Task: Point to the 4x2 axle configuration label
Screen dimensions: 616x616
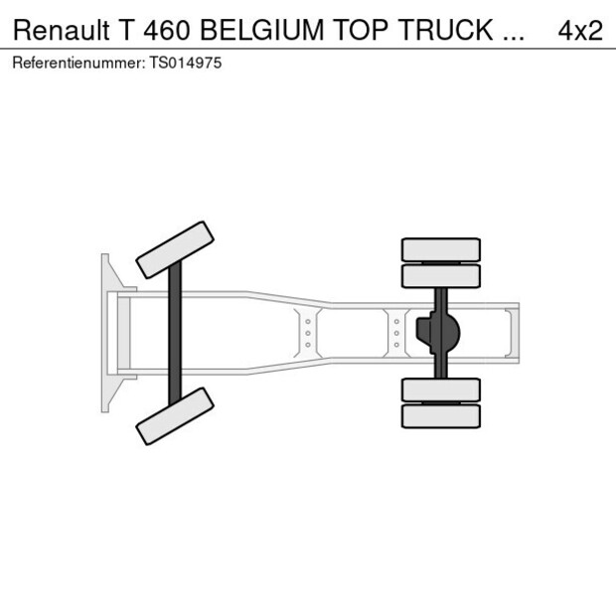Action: point(580,30)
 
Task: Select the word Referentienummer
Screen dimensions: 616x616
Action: point(76,62)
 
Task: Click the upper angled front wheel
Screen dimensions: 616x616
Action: point(176,249)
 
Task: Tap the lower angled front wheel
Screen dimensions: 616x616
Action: point(176,415)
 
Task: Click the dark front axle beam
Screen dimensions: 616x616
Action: point(175,333)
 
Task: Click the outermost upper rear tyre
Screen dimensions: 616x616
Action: point(441,248)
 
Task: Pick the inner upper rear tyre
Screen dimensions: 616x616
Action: point(441,275)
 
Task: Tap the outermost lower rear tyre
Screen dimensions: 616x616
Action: point(441,416)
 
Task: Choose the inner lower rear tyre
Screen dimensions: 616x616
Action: point(441,389)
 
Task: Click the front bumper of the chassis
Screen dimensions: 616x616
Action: point(106,333)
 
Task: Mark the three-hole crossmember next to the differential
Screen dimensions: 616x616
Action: point(396,333)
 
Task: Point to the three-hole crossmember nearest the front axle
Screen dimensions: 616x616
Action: point(308,333)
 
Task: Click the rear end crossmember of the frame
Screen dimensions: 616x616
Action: point(511,333)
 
